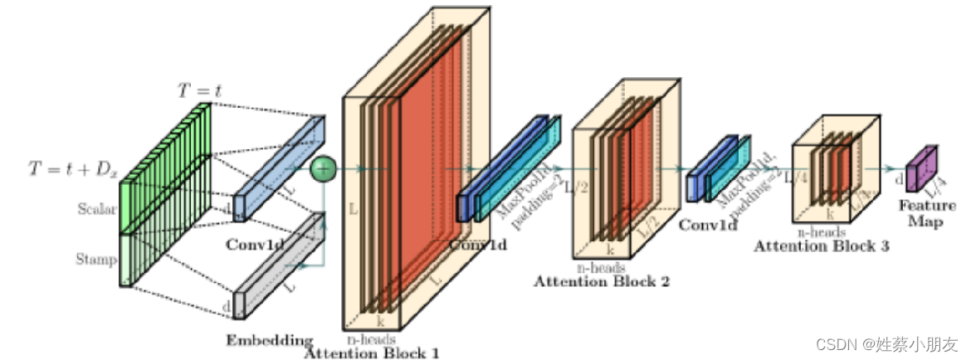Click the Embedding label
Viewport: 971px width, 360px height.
pos(269,340)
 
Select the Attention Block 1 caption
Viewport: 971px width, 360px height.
pos(371,353)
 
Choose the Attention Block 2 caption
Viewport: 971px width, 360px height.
pos(601,281)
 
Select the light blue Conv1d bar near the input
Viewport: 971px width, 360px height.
pos(279,167)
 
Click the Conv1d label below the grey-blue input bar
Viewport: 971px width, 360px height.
pos(253,245)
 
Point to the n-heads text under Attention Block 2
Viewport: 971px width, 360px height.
pos(600,267)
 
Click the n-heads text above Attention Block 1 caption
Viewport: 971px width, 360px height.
pos(370,338)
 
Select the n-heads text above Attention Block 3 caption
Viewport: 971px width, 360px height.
pos(820,233)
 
